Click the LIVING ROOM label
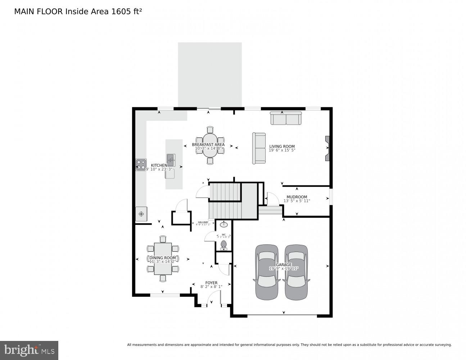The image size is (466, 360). pyautogui.click(x=282, y=147)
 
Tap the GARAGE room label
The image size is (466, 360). pyautogui.click(x=284, y=265)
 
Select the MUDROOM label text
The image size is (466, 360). pyautogui.click(x=297, y=197)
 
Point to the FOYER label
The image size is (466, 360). pyautogui.click(x=211, y=283)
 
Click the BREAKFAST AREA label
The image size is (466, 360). pyautogui.click(x=211, y=145)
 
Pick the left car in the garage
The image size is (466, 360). pyautogui.click(x=267, y=272)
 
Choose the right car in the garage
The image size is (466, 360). pyautogui.click(x=296, y=272)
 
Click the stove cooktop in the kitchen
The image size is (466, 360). pyautogui.click(x=141, y=165)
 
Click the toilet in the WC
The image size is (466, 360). pyautogui.click(x=224, y=245)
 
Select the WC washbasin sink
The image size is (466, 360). pyautogui.click(x=224, y=224)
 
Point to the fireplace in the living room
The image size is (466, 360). pyautogui.click(x=327, y=148)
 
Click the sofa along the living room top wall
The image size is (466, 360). pyautogui.click(x=286, y=118)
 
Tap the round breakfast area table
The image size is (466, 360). pyautogui.click(x=210, y=145)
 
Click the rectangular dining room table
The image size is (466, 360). pyautogui.click(x=163, y=258)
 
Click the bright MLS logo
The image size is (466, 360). pyautogui.click(x=29, y=350)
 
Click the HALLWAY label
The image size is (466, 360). pyautogui.click(x=203, y=222)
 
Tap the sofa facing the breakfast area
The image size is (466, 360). pyautogui.click(x=259, y=148)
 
